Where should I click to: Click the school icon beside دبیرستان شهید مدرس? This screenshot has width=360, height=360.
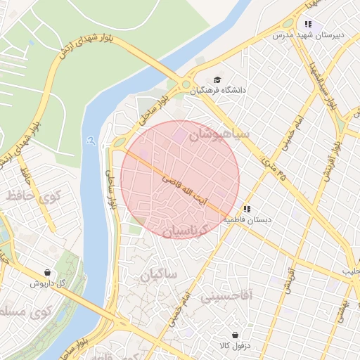[308, 24]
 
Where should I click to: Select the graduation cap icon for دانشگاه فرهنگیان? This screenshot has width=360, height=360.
[217, 79]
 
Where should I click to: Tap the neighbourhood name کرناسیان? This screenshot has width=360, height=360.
[192, 230]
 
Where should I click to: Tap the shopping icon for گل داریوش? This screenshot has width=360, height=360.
[47, 272]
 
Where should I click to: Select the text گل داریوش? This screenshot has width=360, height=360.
[48, 283]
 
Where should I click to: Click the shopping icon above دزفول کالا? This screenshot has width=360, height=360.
[233, 335]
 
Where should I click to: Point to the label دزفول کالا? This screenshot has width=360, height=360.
[234, 347]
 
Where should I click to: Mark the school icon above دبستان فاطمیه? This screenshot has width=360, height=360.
[246, 209]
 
